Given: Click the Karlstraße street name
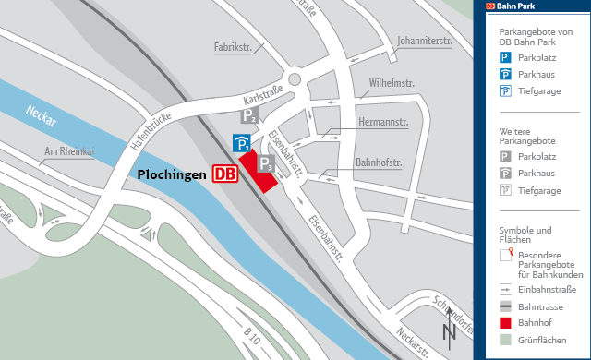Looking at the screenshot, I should pos(264,95).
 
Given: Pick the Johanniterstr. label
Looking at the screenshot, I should pos(425,41).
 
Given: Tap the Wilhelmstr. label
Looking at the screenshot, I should pos(391,84).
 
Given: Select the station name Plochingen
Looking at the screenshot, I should pos(173,174).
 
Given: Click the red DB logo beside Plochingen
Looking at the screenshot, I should pos(223,174).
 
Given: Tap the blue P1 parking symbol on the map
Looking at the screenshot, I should pos(241,143).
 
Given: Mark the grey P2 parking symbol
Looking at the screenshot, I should pos(249,115).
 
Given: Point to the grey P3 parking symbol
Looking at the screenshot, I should pos(265,164).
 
